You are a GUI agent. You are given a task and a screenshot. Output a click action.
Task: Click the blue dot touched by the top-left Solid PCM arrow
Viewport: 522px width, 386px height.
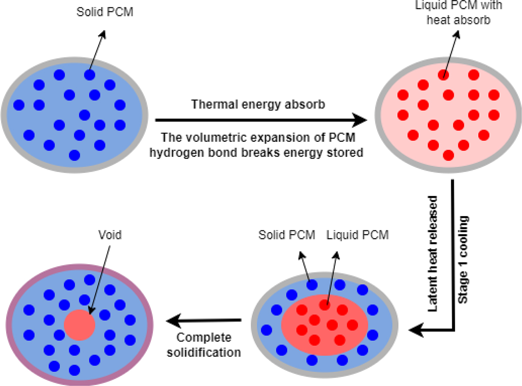click(x=89, y=75)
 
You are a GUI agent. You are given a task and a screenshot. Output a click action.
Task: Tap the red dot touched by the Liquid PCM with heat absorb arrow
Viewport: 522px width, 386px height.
click(x=443, y=75)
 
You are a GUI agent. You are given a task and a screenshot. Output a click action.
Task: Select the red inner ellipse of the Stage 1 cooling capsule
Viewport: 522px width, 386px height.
click(x=324, y=323)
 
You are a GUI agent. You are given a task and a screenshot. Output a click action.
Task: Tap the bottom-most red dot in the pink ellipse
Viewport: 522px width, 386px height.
click(x=449, y=155)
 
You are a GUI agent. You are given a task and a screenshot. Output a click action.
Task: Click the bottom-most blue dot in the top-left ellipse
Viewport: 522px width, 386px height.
click(x=74, y=154)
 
